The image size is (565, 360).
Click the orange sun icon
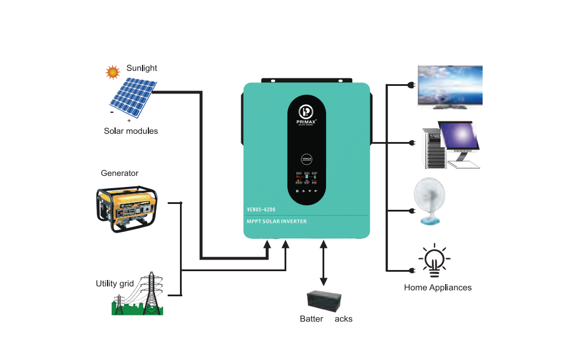point(112,72)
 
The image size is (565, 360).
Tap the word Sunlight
point(141,68)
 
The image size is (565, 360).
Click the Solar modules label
point(131,131)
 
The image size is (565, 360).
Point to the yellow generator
point(126,209)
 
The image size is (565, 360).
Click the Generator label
point(120,173)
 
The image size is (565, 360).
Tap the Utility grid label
point(115,283)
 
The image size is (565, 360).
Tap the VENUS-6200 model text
point(261,209)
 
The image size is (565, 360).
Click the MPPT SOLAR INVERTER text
point(277,221)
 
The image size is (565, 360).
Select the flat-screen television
point(450,86)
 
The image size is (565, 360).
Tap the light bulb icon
point(434,261)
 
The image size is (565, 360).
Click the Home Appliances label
point(438,288)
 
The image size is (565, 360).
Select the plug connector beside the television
point(412,86)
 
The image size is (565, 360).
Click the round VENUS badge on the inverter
point(306,158)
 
